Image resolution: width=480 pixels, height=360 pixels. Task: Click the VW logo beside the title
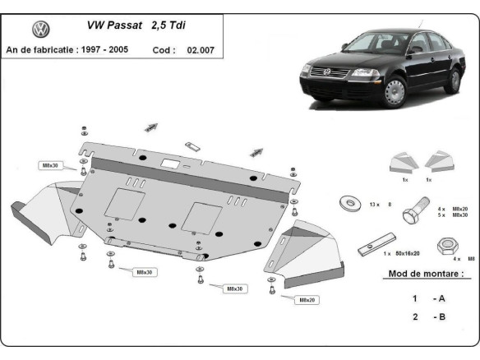pos(40,30)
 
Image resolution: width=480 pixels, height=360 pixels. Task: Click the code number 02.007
pos(201,49)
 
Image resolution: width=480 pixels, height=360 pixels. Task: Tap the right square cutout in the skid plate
pos(201,217)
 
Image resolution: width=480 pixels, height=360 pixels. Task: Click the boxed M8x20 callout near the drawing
pos(307,299)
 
